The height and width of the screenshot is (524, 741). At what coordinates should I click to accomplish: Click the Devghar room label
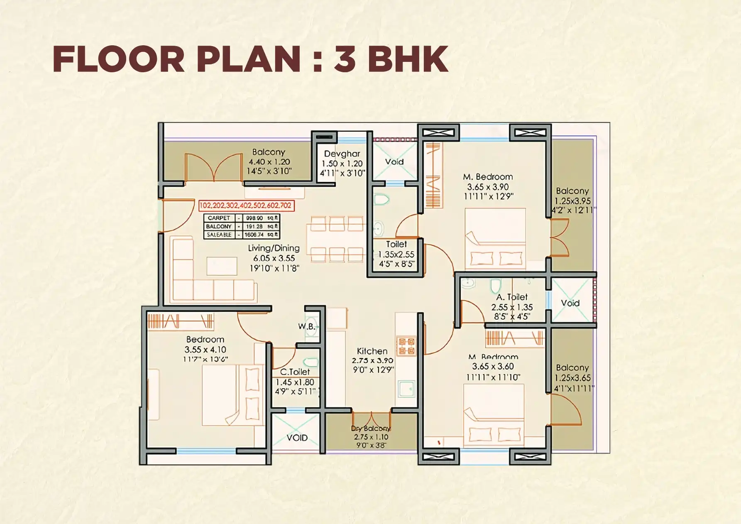pos(342,154)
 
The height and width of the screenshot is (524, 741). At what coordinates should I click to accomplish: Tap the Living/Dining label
pos(274,248)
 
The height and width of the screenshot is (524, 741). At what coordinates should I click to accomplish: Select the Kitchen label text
pos(372,351)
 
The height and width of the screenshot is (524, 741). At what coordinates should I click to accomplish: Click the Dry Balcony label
pos(371,429)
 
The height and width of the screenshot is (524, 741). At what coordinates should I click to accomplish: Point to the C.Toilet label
pos(295,372)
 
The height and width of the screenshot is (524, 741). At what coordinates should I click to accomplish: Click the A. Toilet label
pos(512,297)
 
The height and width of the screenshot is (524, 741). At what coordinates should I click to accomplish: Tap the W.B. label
pos(306,326)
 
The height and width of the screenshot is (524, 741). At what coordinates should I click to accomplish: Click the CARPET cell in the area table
pos(219,218)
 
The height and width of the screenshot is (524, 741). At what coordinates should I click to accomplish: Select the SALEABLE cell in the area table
pos(219,235)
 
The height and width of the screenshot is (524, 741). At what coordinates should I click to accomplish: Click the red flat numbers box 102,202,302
pos(246,206)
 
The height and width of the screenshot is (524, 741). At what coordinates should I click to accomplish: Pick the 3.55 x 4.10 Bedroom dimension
pos(205,350)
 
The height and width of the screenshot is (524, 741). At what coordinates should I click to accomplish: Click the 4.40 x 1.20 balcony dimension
pos(269,162)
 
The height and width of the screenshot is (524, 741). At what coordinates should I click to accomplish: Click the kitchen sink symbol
pos(406,389)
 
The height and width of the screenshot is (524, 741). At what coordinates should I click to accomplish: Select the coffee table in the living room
pos(222,266)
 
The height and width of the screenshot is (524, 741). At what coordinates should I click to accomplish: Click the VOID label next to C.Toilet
pos(297,438)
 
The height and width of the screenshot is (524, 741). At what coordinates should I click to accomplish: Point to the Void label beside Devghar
pos(394,162)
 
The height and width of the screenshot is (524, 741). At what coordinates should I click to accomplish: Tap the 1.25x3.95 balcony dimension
pos(572,201)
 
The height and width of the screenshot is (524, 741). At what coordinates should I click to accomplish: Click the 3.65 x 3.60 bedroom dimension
pos(493,367)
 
